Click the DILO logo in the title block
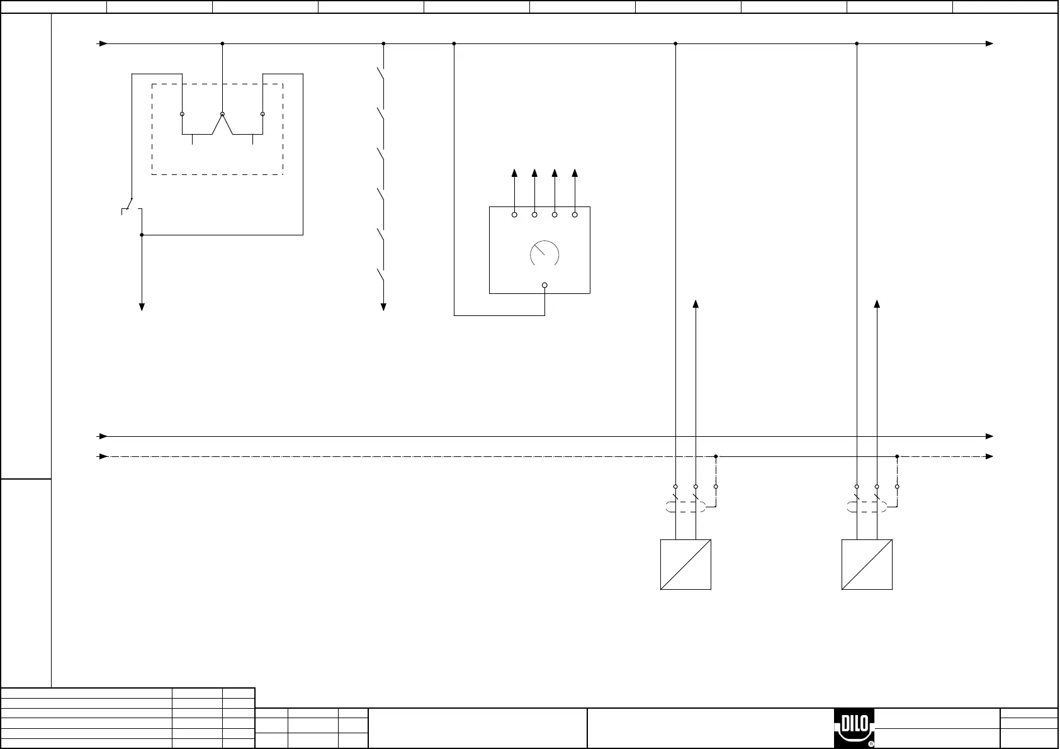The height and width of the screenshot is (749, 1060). [854, 729]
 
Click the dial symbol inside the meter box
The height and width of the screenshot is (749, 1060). [544, 254]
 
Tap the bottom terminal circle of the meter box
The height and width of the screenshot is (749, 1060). [544, 285]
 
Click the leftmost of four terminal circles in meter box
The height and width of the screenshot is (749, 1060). [514, 215]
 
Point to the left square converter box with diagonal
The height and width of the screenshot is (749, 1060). [685, 564]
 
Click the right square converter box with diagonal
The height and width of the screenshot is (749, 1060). [867, 564]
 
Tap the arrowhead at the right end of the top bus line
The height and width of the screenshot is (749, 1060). [989, 43]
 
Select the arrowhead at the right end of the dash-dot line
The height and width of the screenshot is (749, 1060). [989, 456]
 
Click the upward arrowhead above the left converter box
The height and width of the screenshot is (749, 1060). [696, 304]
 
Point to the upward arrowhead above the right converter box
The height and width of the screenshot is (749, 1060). [877, 304]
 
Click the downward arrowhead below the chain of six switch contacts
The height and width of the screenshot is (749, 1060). [383, 307]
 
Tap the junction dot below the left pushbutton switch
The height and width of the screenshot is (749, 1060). [142, 235]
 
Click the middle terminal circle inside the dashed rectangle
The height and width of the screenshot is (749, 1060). [222, 114]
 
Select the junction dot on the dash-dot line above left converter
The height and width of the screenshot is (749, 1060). [716, 456]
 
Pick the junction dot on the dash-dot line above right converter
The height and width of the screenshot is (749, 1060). [897, 456]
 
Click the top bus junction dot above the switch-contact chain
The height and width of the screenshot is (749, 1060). [383, 43]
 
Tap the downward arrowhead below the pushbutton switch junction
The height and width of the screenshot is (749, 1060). [142, 307]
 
